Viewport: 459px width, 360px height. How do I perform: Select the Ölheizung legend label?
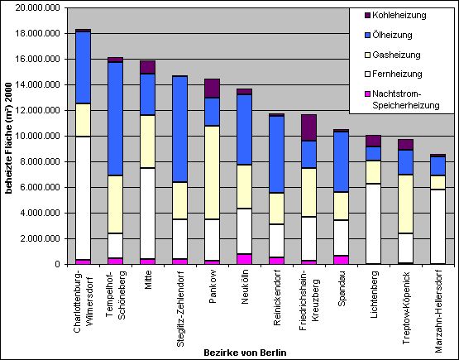point(392,35)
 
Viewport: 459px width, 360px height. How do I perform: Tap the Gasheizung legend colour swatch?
point(368,55)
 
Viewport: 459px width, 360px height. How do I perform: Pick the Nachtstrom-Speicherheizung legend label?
point(406,99)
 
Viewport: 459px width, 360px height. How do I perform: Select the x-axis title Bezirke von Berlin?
point(245,352)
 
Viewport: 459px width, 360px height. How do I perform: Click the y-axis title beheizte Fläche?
point(9,138)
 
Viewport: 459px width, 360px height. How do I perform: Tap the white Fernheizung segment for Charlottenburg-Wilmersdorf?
point(84,198)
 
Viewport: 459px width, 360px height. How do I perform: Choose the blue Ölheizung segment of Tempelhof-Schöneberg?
point(115,119)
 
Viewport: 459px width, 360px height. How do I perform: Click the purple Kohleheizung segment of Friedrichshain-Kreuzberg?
point(308,127)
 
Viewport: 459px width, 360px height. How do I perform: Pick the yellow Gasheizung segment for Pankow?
point(213,172)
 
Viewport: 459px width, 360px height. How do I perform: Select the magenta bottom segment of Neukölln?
point(245,259)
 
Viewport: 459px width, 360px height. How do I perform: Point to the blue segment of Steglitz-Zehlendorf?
point(179,129)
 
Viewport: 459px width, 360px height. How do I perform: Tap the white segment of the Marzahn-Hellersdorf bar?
point(438,227)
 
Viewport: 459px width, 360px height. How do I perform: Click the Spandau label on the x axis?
point(342,288)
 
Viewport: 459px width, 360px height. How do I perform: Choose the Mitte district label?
point(148,280)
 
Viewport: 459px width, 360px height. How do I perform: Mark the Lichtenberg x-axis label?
point(374,295)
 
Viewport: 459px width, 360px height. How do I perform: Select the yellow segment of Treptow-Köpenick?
point(406,204)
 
